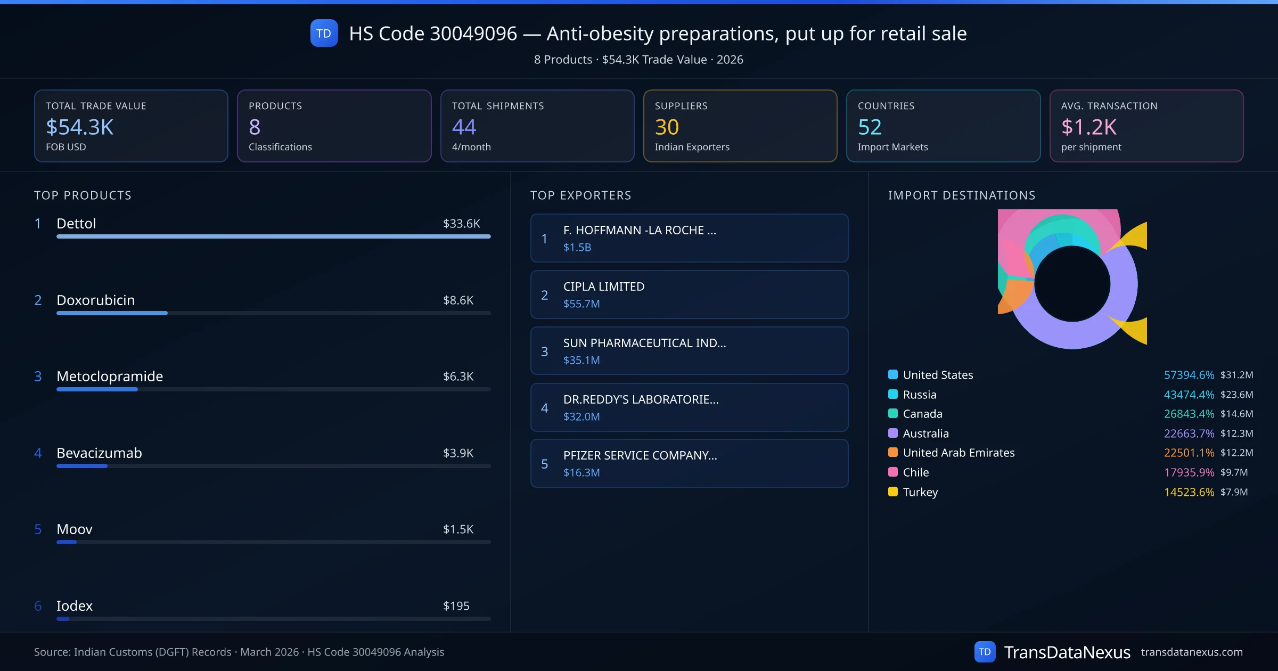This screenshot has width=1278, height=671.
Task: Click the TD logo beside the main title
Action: click(x=324, y=33)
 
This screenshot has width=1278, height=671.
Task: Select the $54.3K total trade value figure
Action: click(x=80, y=127)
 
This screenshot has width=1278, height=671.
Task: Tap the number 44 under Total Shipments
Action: click(x=464, y=127)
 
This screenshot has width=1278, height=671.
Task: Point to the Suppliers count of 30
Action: click(x=667, y=127)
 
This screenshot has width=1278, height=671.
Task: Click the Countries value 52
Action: click(x=870, y=127)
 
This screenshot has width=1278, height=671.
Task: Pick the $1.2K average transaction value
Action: click(x=1088, y=127)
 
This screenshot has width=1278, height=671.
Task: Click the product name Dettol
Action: click(x=76, y=224)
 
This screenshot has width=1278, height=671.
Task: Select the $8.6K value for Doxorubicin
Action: click(x=458, y=300)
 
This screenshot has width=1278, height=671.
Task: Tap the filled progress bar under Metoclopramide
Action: click(x=97, y=389)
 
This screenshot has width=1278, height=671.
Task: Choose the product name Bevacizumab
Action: click(x=99, y=453)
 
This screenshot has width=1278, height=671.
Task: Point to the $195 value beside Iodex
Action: click(x=456, y=606)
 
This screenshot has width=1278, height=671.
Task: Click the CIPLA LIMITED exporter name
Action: click(x=604, y=287)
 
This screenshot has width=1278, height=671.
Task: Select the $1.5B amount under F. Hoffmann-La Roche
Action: click(x=577, y=247)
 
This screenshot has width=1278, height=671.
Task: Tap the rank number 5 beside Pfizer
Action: click(x=544, y=464)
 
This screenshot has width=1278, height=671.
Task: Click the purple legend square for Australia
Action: click(x=893, y=433)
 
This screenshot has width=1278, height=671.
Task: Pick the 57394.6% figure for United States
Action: click(x=1189, y=375)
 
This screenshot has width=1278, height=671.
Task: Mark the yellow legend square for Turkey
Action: click(x=893, y=492)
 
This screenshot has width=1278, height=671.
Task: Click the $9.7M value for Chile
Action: click(x=1234, y=472)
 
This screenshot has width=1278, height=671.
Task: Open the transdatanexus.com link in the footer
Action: click(x=1192, y=652)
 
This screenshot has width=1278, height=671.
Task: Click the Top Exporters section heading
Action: click(x=580, y=195)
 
